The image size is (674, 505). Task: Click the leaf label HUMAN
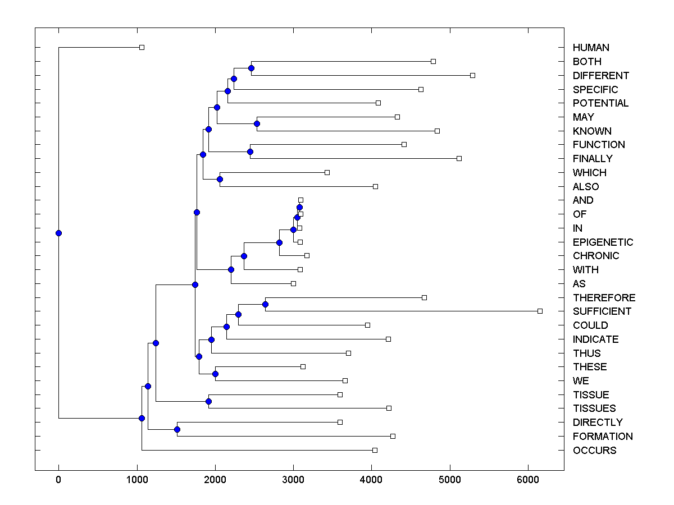click(x=591, y=48)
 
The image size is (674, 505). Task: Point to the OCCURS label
click(x=594, y=451)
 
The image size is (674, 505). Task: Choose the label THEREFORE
click(x=604, y=298)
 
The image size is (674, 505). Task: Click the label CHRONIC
click(x=596, y=256)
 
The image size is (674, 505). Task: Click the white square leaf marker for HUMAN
click(x=142, y=48)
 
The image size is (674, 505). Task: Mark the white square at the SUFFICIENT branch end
click(x=540, y=311)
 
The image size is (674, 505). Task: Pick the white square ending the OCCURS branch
click(x=375, y=450)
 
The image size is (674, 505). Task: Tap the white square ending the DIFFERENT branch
click(x=472, y=75)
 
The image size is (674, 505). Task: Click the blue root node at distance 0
click(x=58, y=233)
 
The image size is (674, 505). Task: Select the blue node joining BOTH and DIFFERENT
click(x=251, y=68)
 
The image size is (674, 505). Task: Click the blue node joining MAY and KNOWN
click(x=257, y=123)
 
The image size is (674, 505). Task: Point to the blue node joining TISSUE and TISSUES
click(x=208, y=401)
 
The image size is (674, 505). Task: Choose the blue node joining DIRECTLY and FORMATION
click(x=177, y=429)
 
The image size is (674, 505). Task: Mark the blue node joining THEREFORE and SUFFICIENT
click(x=266, y=304)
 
